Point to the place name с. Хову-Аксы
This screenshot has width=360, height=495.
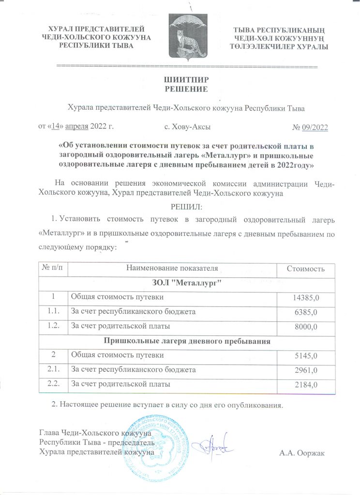click(x=187, y=127)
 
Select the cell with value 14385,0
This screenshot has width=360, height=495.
click(x=304, y=297)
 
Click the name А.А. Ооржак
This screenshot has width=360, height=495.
click(x=303, y=452)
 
